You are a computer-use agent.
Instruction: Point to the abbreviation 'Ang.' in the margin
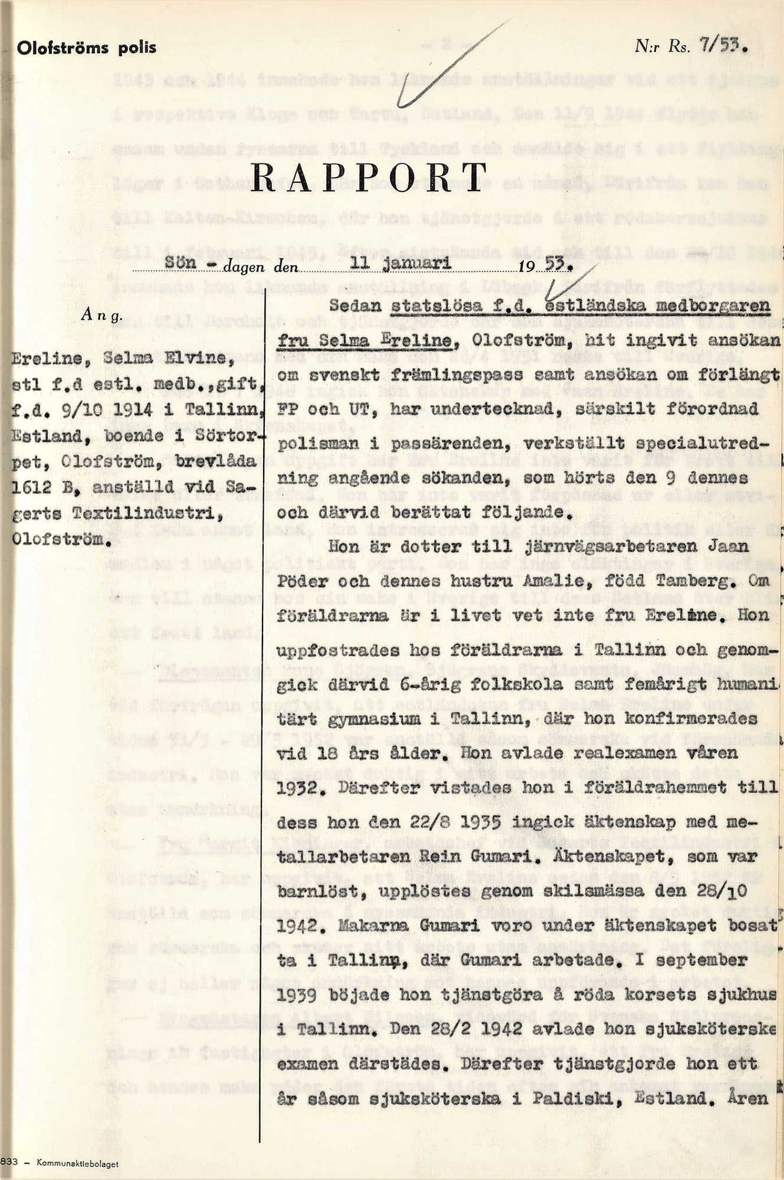pos(102,314)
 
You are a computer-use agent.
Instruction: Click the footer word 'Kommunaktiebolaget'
pos(77,1163)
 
